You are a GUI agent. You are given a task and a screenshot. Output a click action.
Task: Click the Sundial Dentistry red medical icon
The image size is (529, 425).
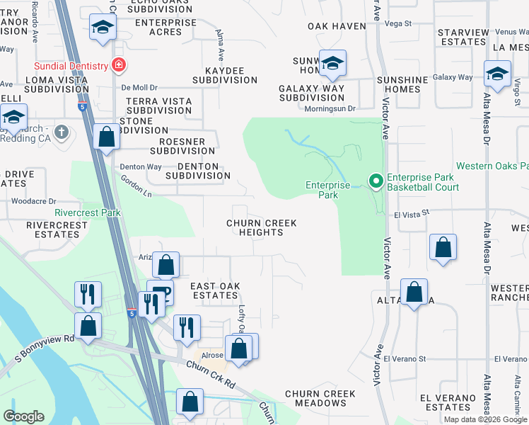click(x=118, y=66)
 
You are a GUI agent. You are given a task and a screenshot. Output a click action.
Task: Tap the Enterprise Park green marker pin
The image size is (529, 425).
click(x=375, y=182)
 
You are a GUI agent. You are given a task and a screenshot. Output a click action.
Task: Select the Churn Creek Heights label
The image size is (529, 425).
click(x=261, y=227)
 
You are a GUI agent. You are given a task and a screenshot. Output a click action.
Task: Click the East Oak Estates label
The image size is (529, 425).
click(x=215, y=290)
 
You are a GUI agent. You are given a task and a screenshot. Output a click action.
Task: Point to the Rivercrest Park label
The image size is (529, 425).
click(x=88, y=212)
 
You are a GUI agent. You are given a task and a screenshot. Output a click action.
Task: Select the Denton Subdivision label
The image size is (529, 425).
click(x=197, y=171)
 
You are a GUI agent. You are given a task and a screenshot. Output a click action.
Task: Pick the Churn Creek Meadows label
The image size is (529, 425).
click(x=315, y=398)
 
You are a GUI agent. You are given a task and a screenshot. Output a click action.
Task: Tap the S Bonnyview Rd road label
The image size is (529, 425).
click(x=50, y=337)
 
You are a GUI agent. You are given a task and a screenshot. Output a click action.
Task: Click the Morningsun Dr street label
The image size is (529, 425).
click(x=329, y=108)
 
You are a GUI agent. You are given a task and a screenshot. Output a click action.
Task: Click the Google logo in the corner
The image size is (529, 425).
click(x=23, y=416)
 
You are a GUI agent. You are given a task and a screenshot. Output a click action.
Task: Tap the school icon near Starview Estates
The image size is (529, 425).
click(x=497, y=74)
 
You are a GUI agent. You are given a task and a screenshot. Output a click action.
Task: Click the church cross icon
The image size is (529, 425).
click(x=62, y=132)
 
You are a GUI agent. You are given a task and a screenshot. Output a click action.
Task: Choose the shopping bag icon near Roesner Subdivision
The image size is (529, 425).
click(x=106, y=137)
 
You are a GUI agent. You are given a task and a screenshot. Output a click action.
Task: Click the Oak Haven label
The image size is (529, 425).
click(x=337, y=26)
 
